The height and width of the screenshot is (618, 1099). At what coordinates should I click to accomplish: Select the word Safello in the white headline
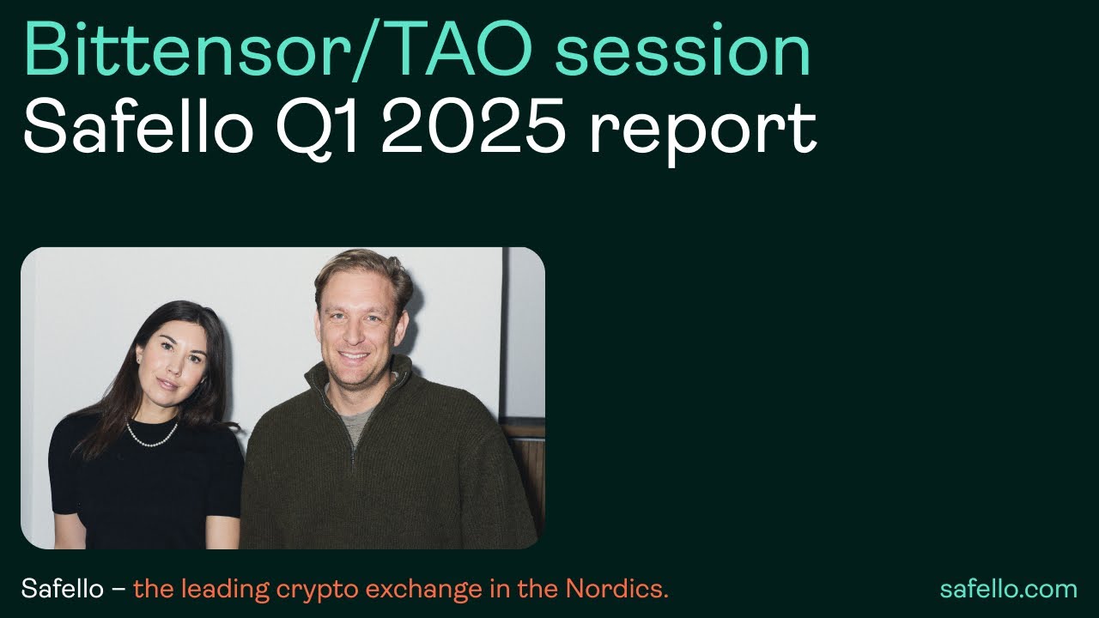pyautogui.click(x=137, y=129)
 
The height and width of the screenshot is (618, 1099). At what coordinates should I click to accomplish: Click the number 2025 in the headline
pyautogui.click(x=473, y=129)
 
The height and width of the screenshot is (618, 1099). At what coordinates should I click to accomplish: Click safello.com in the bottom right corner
pyautogui.click(x=1008, y=590)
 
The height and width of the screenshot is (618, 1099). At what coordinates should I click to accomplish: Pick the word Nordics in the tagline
pyautogui.click(x=616, y=590)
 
